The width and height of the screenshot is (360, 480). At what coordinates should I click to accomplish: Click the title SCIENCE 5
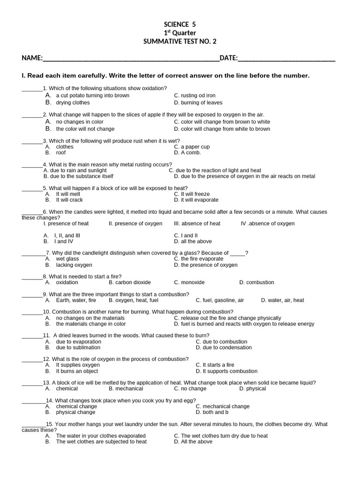[180, 25]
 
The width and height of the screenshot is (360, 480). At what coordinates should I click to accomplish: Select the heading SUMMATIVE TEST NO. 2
[180, 41]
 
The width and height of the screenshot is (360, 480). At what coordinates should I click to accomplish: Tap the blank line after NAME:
[131, 59]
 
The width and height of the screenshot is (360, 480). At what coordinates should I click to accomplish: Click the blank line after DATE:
[286, 59]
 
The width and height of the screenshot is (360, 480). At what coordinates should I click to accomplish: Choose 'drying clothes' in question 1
[73, 103]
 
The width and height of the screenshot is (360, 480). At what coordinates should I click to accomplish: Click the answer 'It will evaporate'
[199, 200]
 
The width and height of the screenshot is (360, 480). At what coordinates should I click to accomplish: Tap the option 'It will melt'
[68, 194]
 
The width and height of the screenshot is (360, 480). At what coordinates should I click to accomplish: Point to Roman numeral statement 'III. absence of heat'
[197, 224]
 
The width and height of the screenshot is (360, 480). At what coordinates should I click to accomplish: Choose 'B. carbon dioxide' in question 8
[130, 283]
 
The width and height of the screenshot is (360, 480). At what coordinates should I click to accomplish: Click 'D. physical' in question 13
[253, 389]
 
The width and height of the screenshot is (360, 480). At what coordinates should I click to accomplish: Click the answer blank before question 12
[32, 359]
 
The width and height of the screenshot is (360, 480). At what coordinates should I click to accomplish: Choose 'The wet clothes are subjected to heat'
[101, 442]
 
